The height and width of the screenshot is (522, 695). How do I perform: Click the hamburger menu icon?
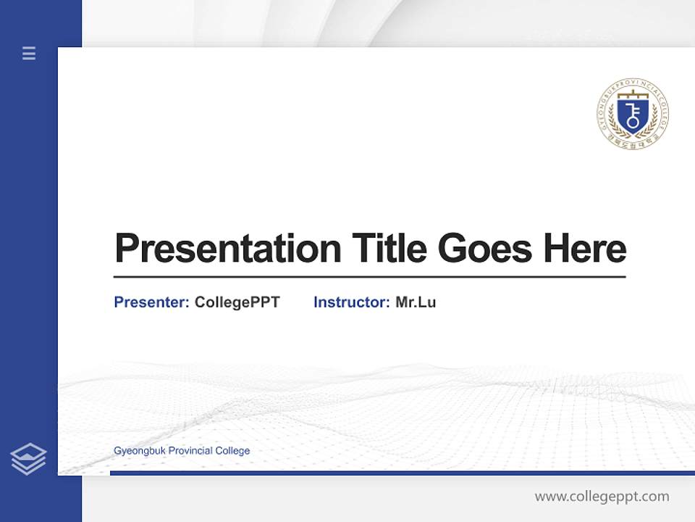pyautogui.click(x=29, y=53)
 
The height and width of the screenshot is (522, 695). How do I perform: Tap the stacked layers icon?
pyautogui.click(x=29, y=459)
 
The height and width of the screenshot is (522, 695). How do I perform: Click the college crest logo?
pyautogui.click(x=633, y=114)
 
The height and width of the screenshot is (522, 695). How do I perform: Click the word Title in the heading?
pyautogui.click(x=389, y=249)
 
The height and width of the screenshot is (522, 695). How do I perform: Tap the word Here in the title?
pyautogui.click(x=585, y=249)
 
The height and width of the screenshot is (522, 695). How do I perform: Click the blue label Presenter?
pyautogui.click(x=151, y=302)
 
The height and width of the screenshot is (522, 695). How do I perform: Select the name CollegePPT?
pyautogui.click(x=237, y=302)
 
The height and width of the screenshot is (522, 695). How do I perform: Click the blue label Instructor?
pyautogui.click(x=351, y=302)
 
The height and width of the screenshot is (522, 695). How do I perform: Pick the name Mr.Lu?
pyautogui.click(x=416, y=302)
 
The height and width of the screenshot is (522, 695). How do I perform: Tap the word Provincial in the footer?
pyautogui.click(x=190, y=451)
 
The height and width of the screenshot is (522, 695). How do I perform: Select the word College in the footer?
pyautogui.click(x=232, y=451)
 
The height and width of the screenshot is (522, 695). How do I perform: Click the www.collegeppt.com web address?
pyautogui.click(x=602, y=497)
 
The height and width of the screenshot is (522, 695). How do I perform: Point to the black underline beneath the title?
pyautogui.click(x=369, y=277)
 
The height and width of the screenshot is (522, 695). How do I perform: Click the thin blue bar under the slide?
pyautogui.click(x=402, y=473)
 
